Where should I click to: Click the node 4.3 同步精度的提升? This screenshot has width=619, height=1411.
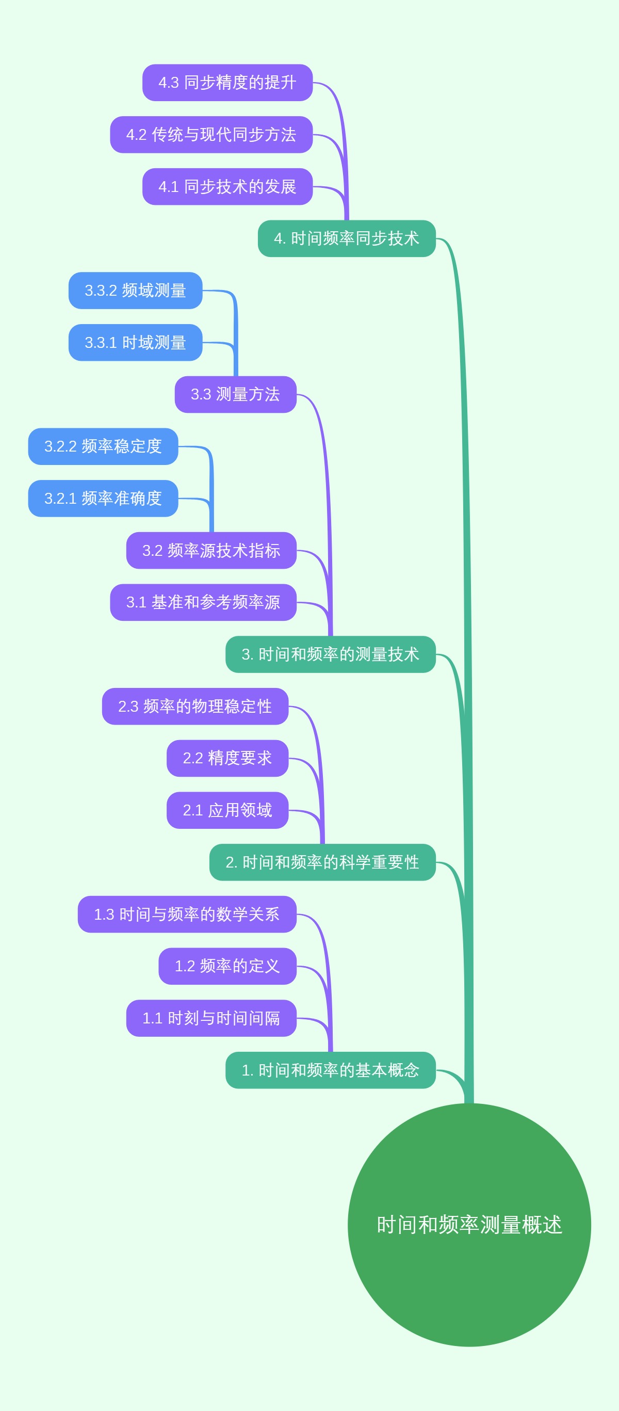pos(227,83)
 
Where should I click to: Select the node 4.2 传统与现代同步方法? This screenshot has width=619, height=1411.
pos(211,135)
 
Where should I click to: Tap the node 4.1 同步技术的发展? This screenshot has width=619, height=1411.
pos(227,187)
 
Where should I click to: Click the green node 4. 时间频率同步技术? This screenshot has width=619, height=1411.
pos(347,239)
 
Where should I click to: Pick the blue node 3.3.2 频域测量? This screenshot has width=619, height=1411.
pos(135,291)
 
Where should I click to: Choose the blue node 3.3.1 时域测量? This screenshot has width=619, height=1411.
pos(135,343)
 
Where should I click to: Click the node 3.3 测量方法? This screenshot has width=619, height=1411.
pos(235,394)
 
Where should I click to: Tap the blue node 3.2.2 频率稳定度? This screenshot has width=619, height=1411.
pos(103,446)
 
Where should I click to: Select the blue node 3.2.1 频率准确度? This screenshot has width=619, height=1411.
pos(103,499)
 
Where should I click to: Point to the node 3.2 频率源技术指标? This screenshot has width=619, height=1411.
pos(211,551)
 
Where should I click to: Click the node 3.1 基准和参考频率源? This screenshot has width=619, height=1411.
pos(203,602)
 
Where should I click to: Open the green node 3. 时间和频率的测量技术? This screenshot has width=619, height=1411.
pos(331,654)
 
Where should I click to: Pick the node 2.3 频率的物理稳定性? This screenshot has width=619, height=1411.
pos(195,707)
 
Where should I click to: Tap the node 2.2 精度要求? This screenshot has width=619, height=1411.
pos(227,759)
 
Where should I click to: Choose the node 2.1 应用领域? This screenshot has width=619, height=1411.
pos(227,811)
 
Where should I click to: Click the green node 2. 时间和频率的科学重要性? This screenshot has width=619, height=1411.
pos(322,863)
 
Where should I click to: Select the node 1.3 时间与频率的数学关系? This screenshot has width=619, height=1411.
pos(187,915)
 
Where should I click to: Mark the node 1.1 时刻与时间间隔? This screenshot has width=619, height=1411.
pos(211,1018)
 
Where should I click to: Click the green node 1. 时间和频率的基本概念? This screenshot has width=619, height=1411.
pos(331,1070)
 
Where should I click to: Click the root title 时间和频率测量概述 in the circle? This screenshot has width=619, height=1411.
pos(469,1225)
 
